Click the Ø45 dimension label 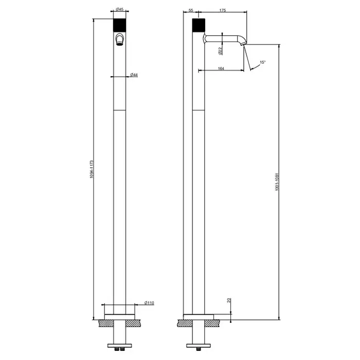tap(120, 9)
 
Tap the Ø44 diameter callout tap(134, 75)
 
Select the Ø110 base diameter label tap(149, 303)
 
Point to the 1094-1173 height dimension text tap(92, 169)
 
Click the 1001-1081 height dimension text tap(277, 182)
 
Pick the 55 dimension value tap(191, 10)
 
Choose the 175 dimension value tap(223, 10)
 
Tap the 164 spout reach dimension tap(221, 68)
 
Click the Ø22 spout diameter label tap(221, 51)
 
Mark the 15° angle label tap(263, 62)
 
